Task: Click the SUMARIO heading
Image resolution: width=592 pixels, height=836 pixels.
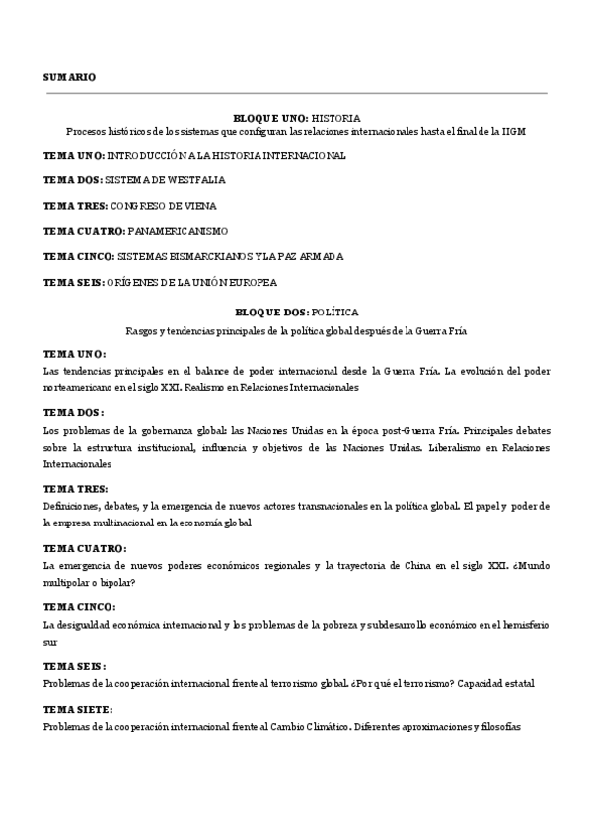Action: click(x=70, y=77)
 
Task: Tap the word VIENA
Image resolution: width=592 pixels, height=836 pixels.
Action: click(x=198, y=206)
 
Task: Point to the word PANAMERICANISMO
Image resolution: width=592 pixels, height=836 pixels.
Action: click(x=179, y=232)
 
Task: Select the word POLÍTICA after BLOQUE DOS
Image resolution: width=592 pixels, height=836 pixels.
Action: click(x=334, y=310)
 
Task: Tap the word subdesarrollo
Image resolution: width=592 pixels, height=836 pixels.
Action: click(x=404, y=625)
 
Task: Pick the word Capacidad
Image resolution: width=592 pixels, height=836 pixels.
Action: click(x=461, y=683)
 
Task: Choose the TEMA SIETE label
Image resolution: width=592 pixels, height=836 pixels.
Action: click(x=78, y=709)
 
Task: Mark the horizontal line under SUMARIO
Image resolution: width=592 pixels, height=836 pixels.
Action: click(x=296, y=94)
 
